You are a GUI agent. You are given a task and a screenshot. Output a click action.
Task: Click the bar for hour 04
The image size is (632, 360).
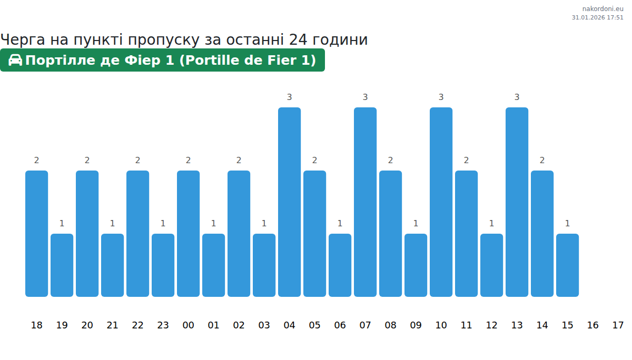point(289,202)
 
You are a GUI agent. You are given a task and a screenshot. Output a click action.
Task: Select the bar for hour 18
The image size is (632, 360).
point(36,234)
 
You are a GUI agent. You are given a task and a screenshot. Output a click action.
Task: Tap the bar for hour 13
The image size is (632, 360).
point(517,202)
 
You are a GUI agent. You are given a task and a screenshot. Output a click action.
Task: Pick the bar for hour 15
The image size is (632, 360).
point(567,265)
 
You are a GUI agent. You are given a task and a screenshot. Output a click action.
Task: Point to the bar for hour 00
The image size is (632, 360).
point(188,234)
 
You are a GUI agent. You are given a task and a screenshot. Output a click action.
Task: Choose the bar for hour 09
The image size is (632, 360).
point(416,265)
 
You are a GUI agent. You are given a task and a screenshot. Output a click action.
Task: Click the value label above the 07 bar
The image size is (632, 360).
point(365,97)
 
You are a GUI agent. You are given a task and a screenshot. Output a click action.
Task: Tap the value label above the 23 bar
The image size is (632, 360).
point(163,223)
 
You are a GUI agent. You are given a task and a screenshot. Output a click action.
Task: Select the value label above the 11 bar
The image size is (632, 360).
point(466,160)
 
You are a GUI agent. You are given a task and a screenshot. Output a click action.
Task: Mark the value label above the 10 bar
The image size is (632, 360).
point(441,97)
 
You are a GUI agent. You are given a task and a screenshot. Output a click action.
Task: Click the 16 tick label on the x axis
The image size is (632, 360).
point(592,325)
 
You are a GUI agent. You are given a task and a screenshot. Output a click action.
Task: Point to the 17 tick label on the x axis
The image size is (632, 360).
point(618,325)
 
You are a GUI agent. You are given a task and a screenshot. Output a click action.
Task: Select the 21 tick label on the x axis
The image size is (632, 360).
point(112,325)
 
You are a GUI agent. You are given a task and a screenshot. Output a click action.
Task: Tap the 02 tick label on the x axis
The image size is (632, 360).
point(239,325)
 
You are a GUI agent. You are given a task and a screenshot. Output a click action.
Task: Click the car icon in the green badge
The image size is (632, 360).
point(15,60)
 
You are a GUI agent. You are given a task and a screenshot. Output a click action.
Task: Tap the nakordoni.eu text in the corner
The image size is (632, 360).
point(603,8)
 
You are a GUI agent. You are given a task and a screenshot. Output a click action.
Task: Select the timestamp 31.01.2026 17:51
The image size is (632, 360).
point(597,17)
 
